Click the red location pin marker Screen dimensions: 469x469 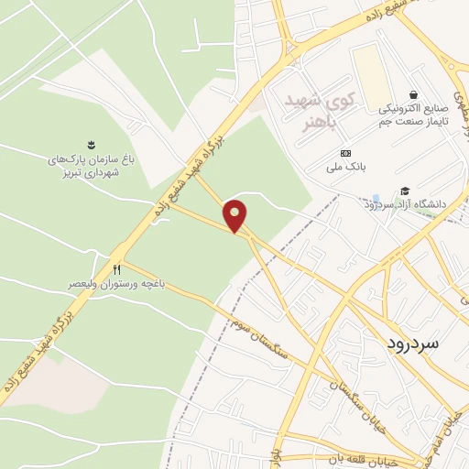point(236,215)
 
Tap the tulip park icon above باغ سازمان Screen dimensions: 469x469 point(91,144)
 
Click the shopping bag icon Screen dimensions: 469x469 point(413,94)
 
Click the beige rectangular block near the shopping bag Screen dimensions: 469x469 point(370,73)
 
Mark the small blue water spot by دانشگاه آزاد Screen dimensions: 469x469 point(376,199)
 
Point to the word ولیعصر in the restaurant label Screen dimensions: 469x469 point(84,285)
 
